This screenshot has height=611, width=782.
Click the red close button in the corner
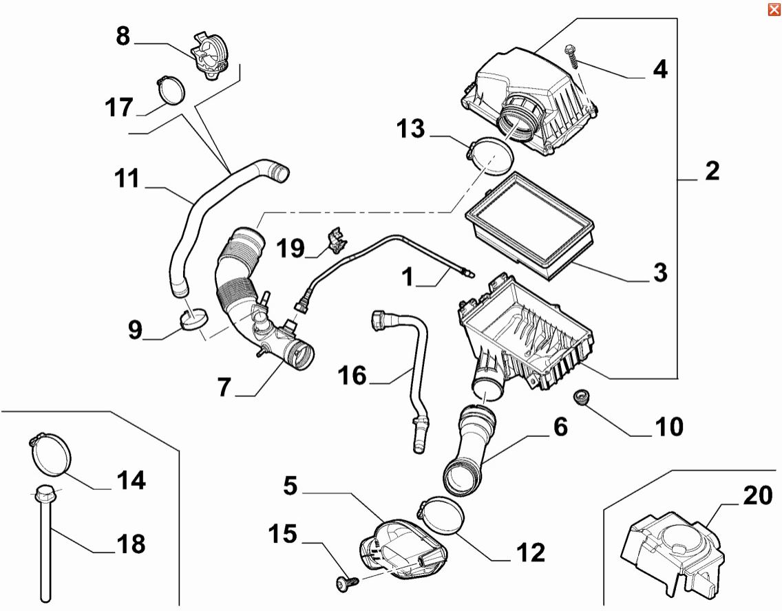(x=774, y=8)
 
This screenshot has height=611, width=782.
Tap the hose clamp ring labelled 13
(x=491, y=154)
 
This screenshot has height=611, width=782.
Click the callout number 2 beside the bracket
(x=712, y=171)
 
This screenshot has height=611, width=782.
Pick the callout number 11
(x=127, y=180)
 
